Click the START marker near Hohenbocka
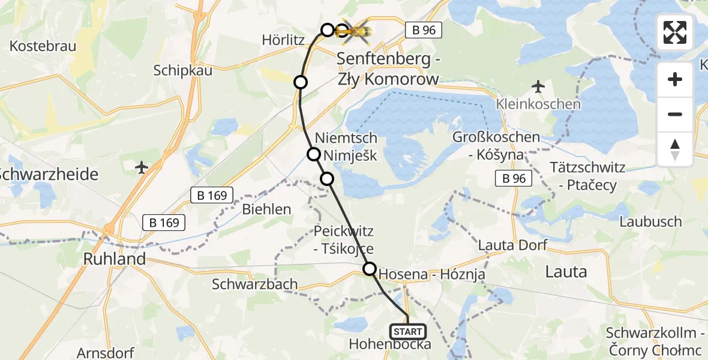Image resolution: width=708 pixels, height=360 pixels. (x=408, y=331)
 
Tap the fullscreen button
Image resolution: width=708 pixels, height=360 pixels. (x=675, y=32)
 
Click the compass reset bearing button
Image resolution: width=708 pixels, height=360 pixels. (x=675, y=149)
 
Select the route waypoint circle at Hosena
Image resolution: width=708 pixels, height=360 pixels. (x=370, y=269)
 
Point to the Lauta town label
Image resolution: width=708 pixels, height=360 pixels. (x=565, y=272)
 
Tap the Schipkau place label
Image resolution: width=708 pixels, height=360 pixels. (x=183, y=70)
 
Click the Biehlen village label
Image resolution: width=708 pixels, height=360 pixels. (x=266, y=209)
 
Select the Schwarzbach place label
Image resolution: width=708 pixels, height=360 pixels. (x=255, y=284)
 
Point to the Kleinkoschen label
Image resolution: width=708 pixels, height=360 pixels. (x=538, y=104)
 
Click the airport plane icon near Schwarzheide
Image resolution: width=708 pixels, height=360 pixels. (x=142, y=166)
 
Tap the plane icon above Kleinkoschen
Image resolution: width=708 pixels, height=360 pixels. (x=538, y=86)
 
